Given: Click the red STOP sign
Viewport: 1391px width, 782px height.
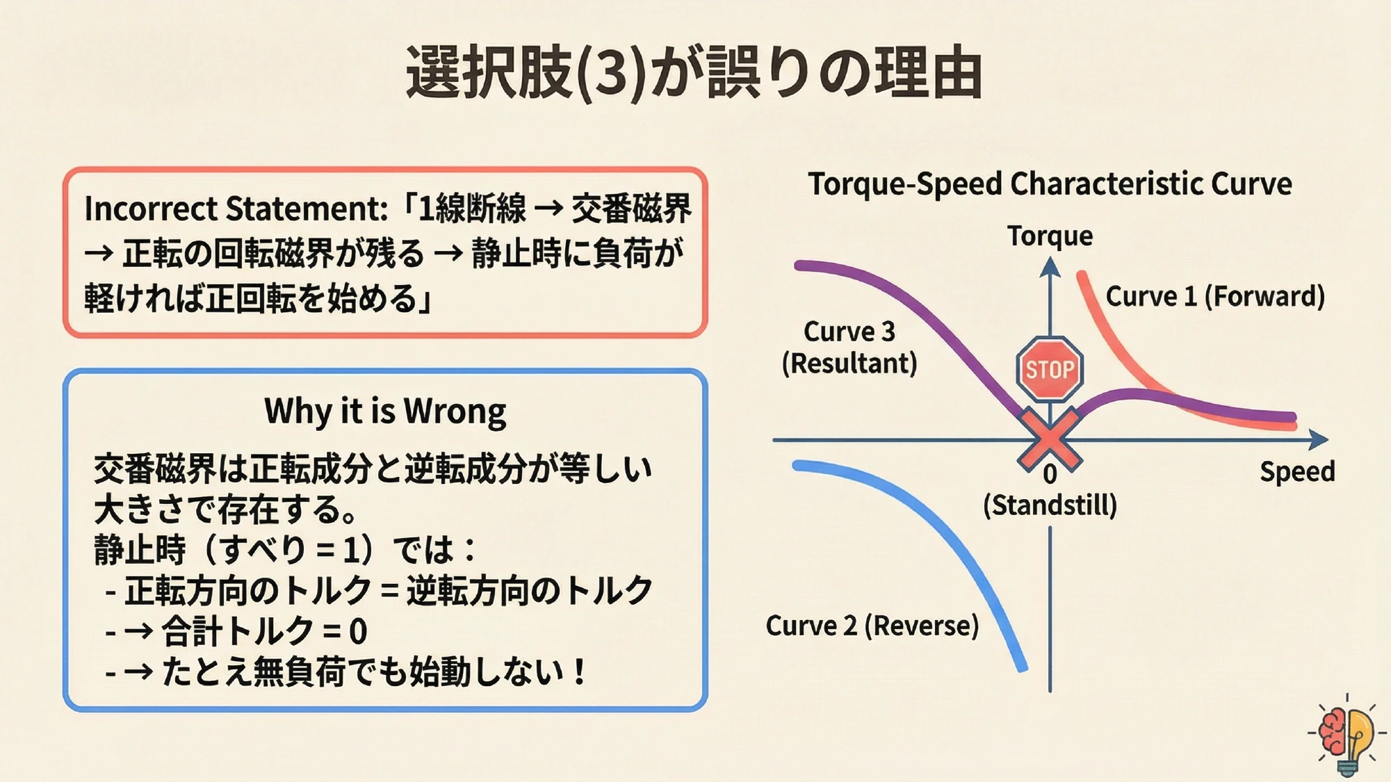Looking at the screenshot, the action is pos(1049,369).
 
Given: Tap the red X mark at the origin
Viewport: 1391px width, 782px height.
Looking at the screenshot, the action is pos(1049,439).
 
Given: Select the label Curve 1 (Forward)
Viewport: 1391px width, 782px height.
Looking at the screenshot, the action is pos(1214,296).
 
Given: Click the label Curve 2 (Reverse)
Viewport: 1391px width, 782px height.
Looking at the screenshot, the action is pos(872,626).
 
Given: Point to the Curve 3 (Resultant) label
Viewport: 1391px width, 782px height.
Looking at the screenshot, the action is pos(849,347).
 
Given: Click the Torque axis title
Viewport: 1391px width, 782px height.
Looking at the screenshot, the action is pos(1050,236).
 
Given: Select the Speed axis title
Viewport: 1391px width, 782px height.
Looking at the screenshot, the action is pos(1296,471).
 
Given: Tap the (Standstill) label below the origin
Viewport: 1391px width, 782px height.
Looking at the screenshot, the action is pos(1050,505).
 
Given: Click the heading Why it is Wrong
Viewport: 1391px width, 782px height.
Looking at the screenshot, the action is pos(385,411).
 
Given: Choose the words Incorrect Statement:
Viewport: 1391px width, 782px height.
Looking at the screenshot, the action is pos(236,209).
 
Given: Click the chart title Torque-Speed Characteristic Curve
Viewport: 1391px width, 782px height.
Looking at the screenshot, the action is pos(1050,184).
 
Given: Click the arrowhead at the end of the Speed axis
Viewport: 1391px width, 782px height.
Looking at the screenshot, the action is pos(1318,439).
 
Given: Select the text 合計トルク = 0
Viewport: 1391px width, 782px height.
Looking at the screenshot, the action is pos(264,632).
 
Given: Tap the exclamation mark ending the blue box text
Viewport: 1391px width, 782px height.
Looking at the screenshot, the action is pos(578,672).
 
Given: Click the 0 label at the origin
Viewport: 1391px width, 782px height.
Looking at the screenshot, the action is pos(1050,475).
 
